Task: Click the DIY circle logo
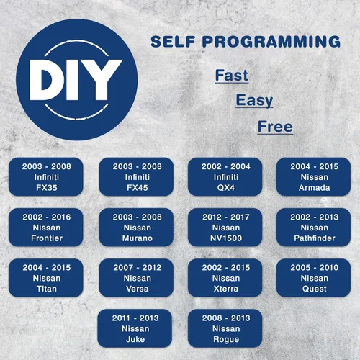[77, 80]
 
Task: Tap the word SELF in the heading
[173, 42]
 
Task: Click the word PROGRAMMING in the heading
[271, 42]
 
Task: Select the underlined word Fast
[232, 76]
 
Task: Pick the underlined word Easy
[254, 101]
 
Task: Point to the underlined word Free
[275, 127]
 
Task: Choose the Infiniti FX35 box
[46, 177]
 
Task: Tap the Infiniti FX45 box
[136, 177]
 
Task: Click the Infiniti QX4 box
[225, 177]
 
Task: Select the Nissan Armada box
[314, 177]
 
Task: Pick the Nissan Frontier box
[46, 228]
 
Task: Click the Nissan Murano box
[136, 228]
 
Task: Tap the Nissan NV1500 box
[225, 228]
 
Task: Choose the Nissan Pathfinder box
[314, 228]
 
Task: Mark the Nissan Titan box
[46, 278]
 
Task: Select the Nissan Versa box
[136, 278]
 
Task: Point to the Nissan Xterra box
[225, 278]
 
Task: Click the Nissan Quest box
[314, 278]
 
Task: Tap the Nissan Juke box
[135, 328]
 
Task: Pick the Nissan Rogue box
[225, 328]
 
